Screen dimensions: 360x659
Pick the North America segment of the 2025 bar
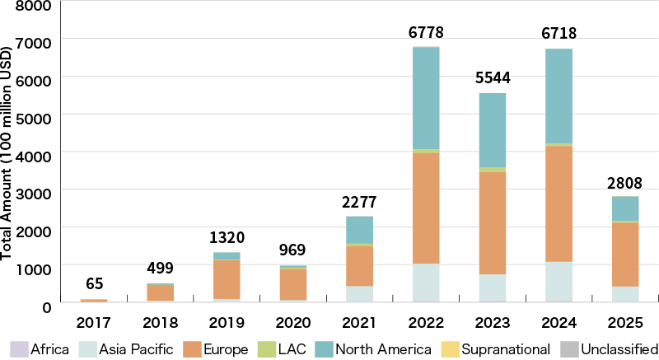(626, 208)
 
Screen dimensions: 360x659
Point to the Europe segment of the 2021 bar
(359, 265)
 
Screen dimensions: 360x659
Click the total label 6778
(426, 32)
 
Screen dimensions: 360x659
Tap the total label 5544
(493, 78)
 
